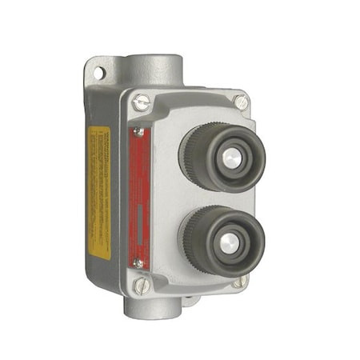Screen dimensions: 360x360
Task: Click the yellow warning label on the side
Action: (98, 192)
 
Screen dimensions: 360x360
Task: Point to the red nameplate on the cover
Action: (140, 196)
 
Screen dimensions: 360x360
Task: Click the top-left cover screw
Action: (142, 102)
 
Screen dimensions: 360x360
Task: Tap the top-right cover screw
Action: (241, 102)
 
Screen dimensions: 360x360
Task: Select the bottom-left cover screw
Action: (141, 284)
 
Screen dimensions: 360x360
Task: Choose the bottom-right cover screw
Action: (239, 281)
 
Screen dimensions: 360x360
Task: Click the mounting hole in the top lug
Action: (98, 73)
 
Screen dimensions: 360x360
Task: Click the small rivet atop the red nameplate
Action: (139, 131)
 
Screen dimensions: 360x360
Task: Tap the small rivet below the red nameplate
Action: (139, 262)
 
